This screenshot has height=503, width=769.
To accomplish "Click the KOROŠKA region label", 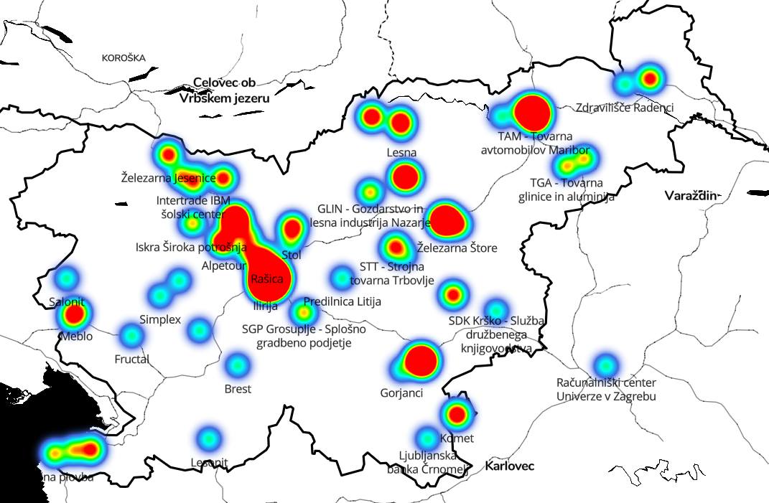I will (x=123, y=57).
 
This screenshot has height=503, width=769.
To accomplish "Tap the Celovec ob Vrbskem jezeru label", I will (x=225, y=91).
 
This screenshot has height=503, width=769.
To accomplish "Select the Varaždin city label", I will (x=691, y=195).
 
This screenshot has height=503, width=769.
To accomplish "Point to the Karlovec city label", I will (x=510, y=466).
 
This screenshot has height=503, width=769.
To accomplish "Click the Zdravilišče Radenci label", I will (x=625, y=108).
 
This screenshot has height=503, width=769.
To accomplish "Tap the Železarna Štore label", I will (x=457, y=248).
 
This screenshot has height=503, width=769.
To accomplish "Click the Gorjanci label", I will (x=401, y=393).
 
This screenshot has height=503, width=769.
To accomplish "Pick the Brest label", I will (x=238, y=389).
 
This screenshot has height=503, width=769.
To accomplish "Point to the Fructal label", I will (x=131, y=358).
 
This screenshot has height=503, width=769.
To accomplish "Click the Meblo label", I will (x=77, y=336).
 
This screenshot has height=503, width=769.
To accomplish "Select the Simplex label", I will (x=160, y=319).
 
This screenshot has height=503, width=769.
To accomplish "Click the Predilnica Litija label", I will (x=342, y=301).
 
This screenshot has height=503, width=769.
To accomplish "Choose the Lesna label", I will (x=401, y=152).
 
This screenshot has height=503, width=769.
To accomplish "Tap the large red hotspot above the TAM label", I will (x=533, y=111).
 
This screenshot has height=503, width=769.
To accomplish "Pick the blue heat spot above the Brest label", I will (x=237, y=365).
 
